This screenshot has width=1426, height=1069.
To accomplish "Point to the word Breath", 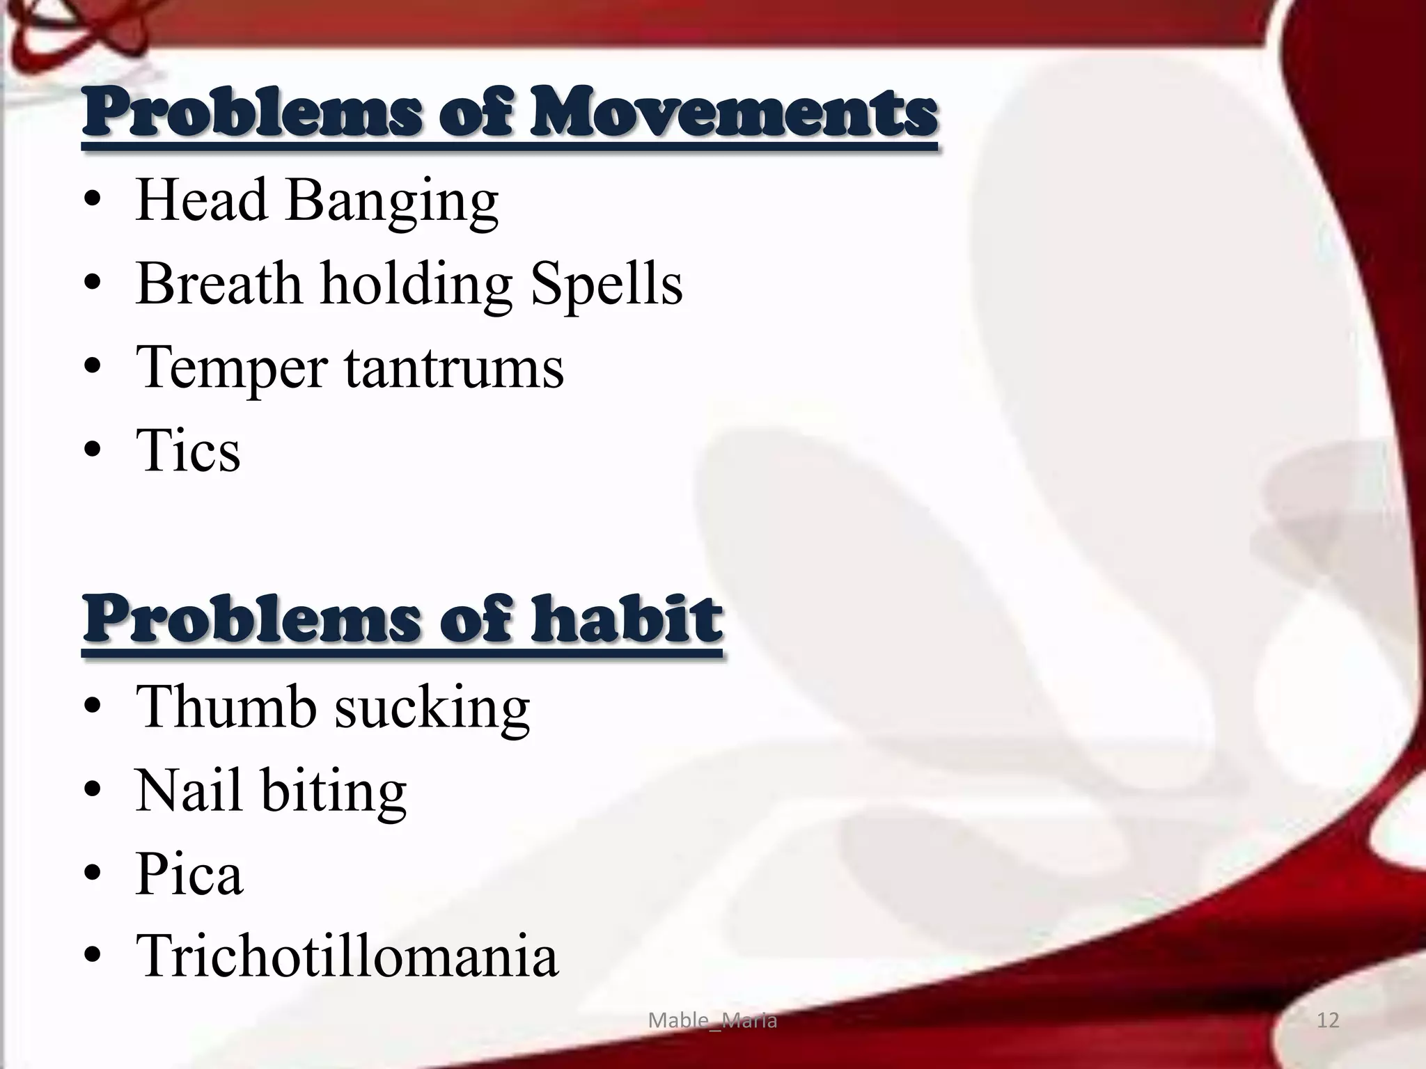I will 219,284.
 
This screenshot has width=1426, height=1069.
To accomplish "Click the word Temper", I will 231,369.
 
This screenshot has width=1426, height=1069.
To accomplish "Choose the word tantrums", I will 454,367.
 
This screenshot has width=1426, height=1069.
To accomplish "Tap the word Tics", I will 188,450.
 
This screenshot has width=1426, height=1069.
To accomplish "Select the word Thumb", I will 226,707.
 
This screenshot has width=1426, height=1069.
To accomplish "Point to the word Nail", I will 188,791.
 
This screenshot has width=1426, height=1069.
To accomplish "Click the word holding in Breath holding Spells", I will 416,285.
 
